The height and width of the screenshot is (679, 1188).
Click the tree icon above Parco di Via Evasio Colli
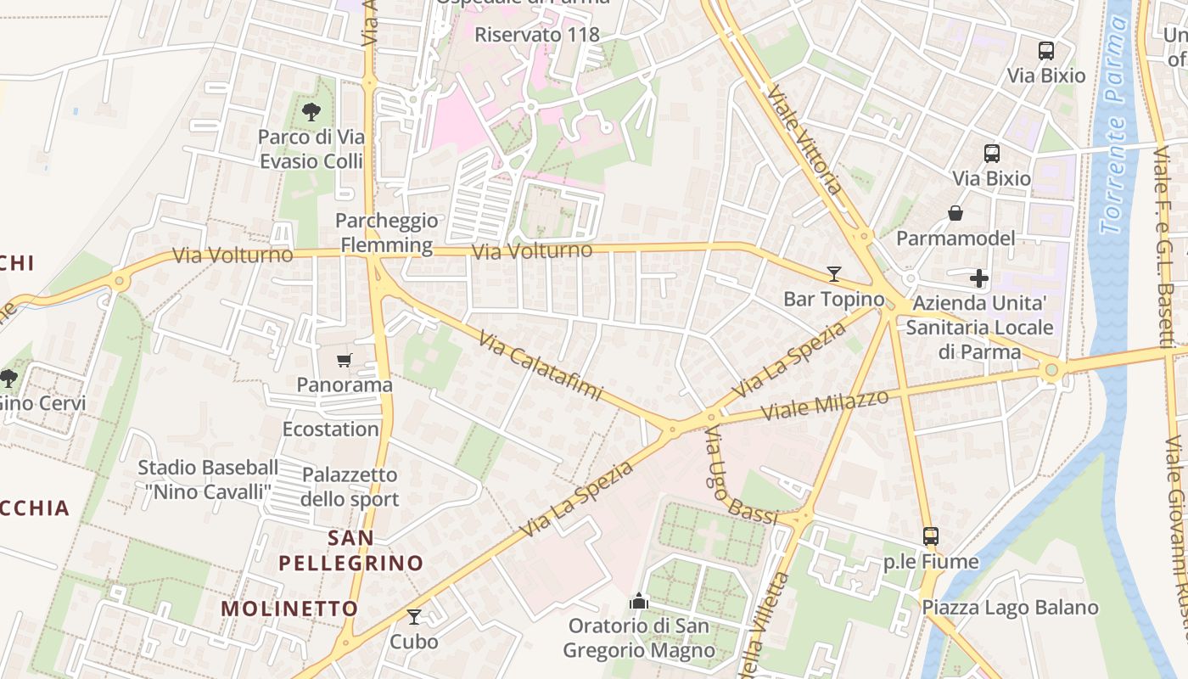tap(311, 111)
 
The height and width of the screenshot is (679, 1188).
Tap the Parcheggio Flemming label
tap(387, 233)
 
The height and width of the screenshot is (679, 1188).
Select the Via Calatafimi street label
tap(541, 366)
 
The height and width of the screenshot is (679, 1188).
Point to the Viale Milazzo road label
tap(825, 405)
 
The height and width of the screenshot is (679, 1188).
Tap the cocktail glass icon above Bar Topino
tap(834, 274)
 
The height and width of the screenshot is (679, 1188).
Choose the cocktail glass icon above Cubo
tap(414, 617)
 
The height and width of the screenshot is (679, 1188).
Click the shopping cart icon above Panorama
tap(344, 361)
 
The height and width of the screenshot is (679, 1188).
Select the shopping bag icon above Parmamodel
tap(955, 213)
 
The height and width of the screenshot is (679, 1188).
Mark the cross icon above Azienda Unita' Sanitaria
tap(979, 278)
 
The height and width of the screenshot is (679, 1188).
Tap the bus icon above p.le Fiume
tap(931, 536)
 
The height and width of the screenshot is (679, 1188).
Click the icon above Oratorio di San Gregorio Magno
tap(639, 602)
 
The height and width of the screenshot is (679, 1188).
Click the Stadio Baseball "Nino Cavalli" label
tap(208, 480)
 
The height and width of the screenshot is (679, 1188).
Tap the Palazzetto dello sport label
tap(350, 486)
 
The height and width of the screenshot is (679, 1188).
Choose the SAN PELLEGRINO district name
tap(362, 550)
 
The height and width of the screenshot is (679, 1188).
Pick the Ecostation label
tap(330, 429)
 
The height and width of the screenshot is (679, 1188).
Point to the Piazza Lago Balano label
tap(1010, 608)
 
